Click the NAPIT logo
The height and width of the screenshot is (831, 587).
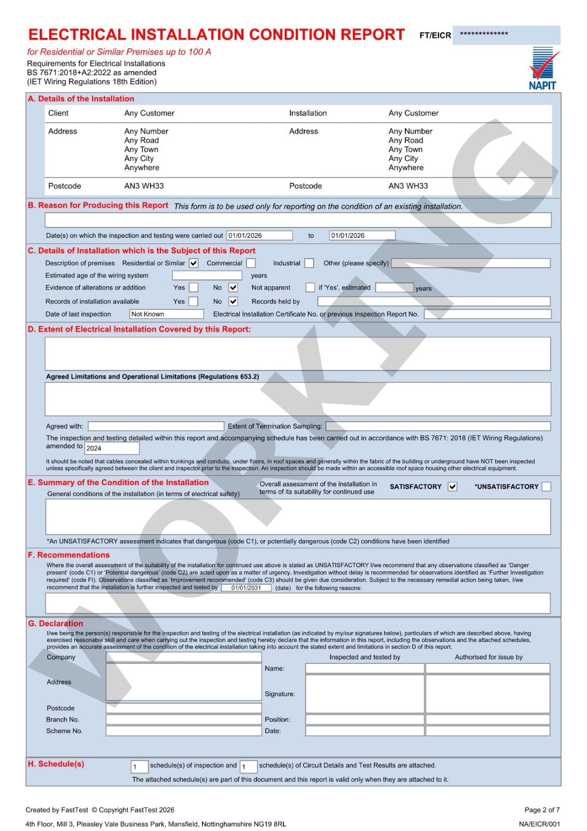point(543,69)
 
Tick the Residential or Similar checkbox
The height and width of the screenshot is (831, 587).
point(194,263)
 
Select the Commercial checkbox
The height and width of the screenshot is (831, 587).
point(251,263)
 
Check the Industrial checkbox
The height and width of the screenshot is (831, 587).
point(309,263)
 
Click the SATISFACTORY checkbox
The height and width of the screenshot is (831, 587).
point(453,487)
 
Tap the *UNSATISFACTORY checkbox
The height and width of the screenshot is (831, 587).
point(546,487)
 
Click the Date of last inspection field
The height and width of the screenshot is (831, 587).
point(167,314)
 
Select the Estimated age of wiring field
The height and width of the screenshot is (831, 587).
point(207,276)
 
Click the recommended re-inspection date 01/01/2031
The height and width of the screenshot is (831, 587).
point(246,588)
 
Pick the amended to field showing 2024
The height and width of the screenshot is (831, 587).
point(112,448)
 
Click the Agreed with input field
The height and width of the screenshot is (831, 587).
point(156,426)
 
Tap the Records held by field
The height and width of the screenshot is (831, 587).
point(433,302)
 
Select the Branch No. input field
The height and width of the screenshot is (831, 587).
point(184,720)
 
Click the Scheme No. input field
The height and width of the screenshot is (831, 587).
point(184,731)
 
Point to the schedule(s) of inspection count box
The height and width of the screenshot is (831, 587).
point(140,767)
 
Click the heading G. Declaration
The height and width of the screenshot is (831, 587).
point(56,624)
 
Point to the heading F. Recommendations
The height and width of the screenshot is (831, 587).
point(69,555)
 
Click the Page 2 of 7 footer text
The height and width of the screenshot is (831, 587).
point(542,810)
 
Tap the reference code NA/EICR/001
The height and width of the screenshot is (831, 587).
point(539,824)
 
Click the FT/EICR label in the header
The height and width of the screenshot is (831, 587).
point(435,35)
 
